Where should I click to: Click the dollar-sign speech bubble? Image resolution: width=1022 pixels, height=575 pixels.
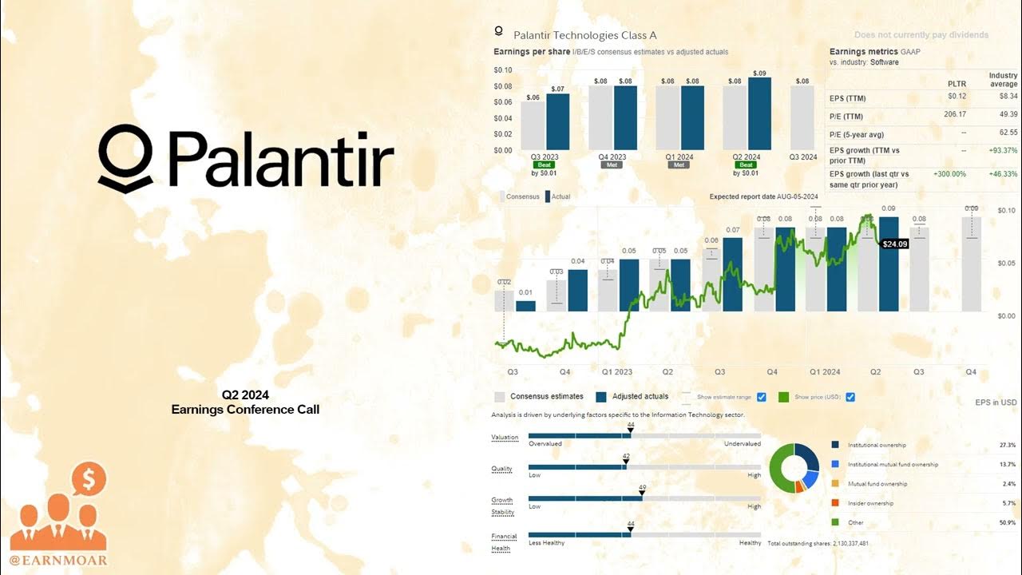[88, 479]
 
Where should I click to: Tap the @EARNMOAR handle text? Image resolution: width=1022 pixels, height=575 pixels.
[58, 560]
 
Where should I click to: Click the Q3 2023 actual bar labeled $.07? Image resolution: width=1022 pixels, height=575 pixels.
[558, 121]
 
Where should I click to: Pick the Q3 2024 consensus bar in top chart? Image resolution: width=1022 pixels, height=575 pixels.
[802, 117]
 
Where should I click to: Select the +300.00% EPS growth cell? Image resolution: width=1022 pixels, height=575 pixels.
[949, 173]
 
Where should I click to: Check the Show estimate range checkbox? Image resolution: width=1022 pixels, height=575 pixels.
[761, 397]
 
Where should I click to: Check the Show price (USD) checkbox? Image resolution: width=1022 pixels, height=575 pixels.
[850, 397]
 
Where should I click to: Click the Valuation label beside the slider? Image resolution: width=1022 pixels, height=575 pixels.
[505, 438]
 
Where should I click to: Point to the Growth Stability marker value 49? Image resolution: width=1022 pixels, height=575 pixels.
[643, 486]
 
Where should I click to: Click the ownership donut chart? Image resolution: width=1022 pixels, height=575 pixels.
[794, 468]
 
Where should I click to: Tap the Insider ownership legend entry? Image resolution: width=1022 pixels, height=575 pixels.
[869, 503]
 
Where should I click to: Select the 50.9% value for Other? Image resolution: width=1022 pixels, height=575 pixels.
[1007, 523]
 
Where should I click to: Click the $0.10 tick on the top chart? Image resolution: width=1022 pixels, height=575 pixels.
[503, 70]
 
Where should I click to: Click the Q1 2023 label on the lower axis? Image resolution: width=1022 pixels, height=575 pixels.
[616, 372]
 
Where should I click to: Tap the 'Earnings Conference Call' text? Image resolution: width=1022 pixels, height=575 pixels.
[245, 410]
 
